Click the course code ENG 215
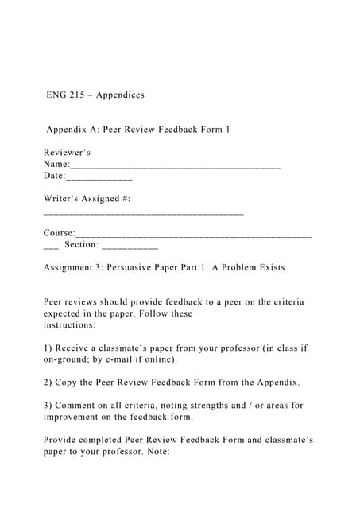[65, 95]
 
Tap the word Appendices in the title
[120, 95]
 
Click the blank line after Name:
[175, 166]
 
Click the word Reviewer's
[67, 152]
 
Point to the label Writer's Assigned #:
[87, 198]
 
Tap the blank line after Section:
[130, 247]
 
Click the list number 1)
[48, 348]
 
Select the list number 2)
[48, 383]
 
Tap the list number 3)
[48, 406]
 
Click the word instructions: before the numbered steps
[70, 325]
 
